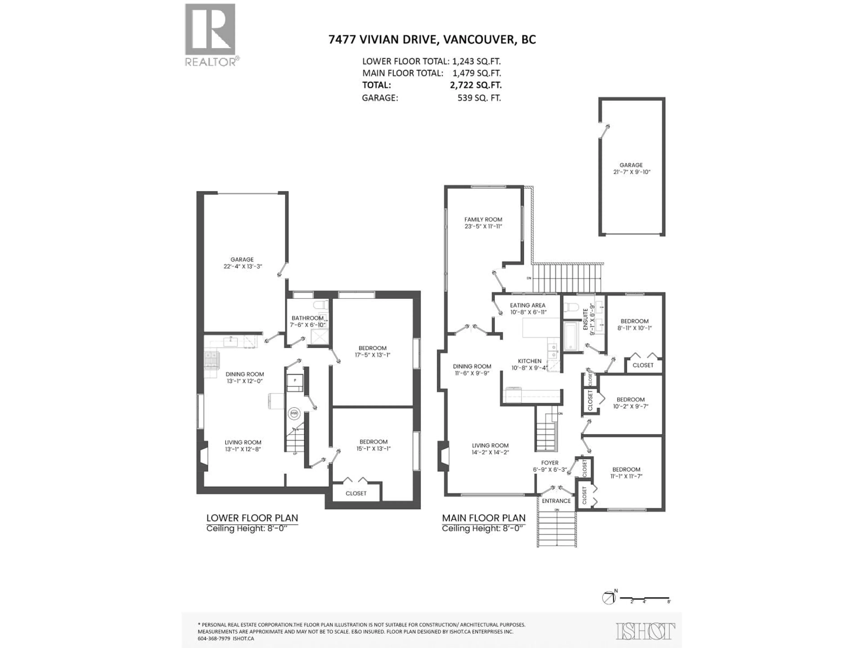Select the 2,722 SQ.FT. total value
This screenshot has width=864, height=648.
[475, 85]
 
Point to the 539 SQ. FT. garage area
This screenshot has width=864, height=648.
[479, 98]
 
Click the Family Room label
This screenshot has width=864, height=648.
[483, 220]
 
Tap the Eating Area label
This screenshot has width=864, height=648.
[527, 306]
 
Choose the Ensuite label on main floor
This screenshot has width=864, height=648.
[585, 319]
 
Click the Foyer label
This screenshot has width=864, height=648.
[550, 463]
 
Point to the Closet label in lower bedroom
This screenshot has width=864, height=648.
[356, 493]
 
